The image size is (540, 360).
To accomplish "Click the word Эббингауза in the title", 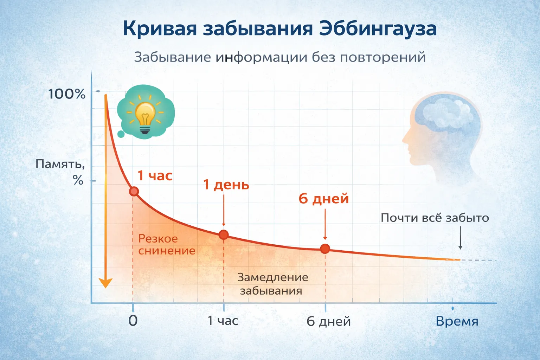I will pyautogui.click(x=378, y=29).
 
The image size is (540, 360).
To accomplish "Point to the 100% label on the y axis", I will pyautogui.click(x=67, y=94).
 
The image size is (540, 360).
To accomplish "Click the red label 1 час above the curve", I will pyautogui.click(x=155, y=175).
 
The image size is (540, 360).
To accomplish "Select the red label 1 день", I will pyautogui.click(x=226, y=185).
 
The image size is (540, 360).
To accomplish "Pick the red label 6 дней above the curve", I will pyautogui.click(x=323, y=199).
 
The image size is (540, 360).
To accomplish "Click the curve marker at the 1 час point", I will pyautogui.click(x=134, y=192).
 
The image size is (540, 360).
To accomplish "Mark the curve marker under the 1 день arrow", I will pyautogui.click(x=224, y=235).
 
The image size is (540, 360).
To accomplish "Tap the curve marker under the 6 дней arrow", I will pyautogui.click(x=325, y=249).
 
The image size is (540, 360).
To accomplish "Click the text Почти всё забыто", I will pyautogui.click(x=435, y=218).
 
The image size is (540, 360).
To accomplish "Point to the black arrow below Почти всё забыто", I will pyautogui.click(x=460, y=238).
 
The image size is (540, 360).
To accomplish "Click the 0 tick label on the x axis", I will pyautogui.click(x=133, y=321).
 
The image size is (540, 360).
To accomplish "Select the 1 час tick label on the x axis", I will pyautogui.click(x=223, y=321).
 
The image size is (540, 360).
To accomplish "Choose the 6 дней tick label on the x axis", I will pyautogui.click(x=329, y=321).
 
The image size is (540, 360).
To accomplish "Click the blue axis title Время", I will pyautogui.click(x=457, y=321).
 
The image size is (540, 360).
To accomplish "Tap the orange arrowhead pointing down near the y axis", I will pyautogui.click(x=105, y=283).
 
